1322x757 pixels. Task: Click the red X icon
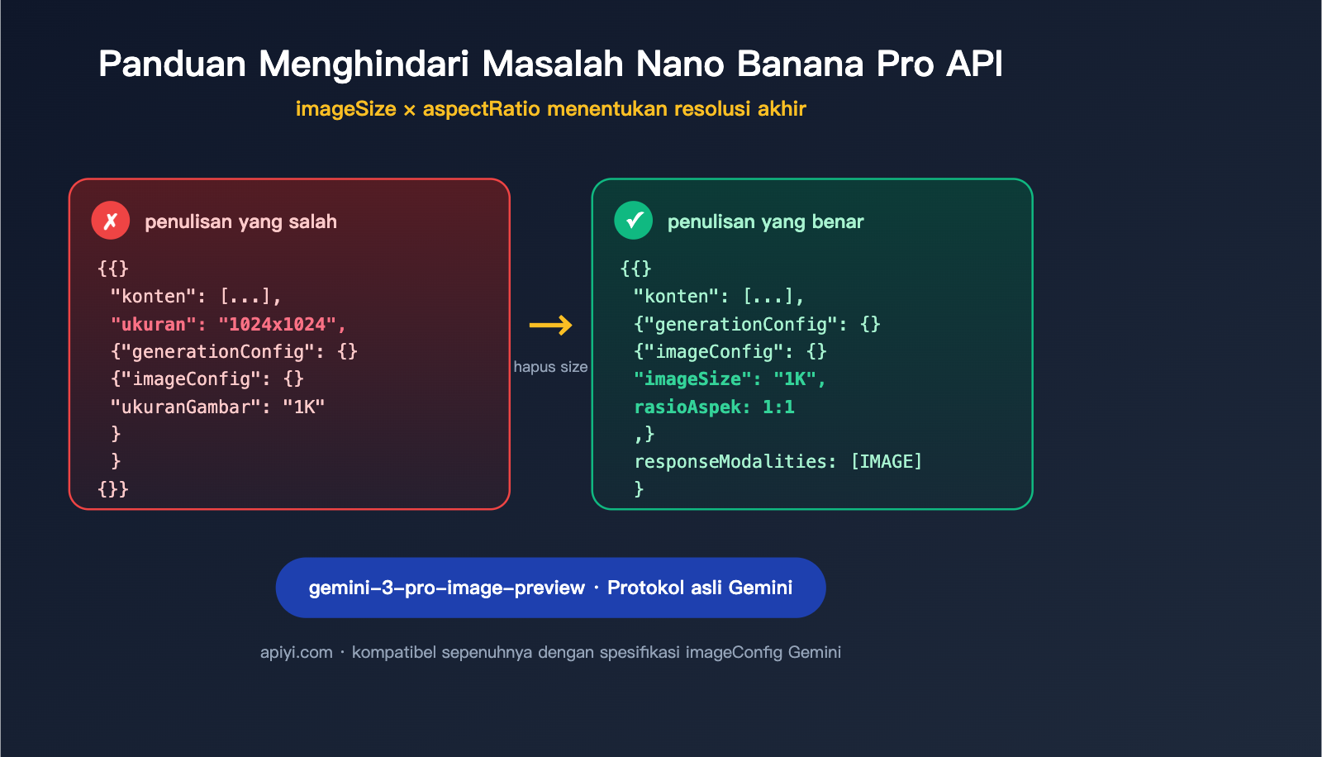coord(111,221)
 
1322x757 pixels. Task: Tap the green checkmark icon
coord(634,221)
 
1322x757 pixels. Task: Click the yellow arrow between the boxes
coord(550,325)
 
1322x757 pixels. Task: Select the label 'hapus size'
coord(550,367)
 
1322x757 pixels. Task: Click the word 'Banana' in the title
coord(800,64)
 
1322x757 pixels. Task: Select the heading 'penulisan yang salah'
coord(240,221)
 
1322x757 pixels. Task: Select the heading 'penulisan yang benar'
coord(765,221)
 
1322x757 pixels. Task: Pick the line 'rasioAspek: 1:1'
coord(714,407)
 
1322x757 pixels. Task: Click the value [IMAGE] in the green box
coord(886,461)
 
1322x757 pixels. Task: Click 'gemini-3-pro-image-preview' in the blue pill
coord(446,588)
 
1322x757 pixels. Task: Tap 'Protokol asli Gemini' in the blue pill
coord(700,588)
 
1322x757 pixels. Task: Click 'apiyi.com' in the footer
coord(296,652)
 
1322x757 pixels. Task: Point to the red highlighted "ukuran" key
coord(154,324)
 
